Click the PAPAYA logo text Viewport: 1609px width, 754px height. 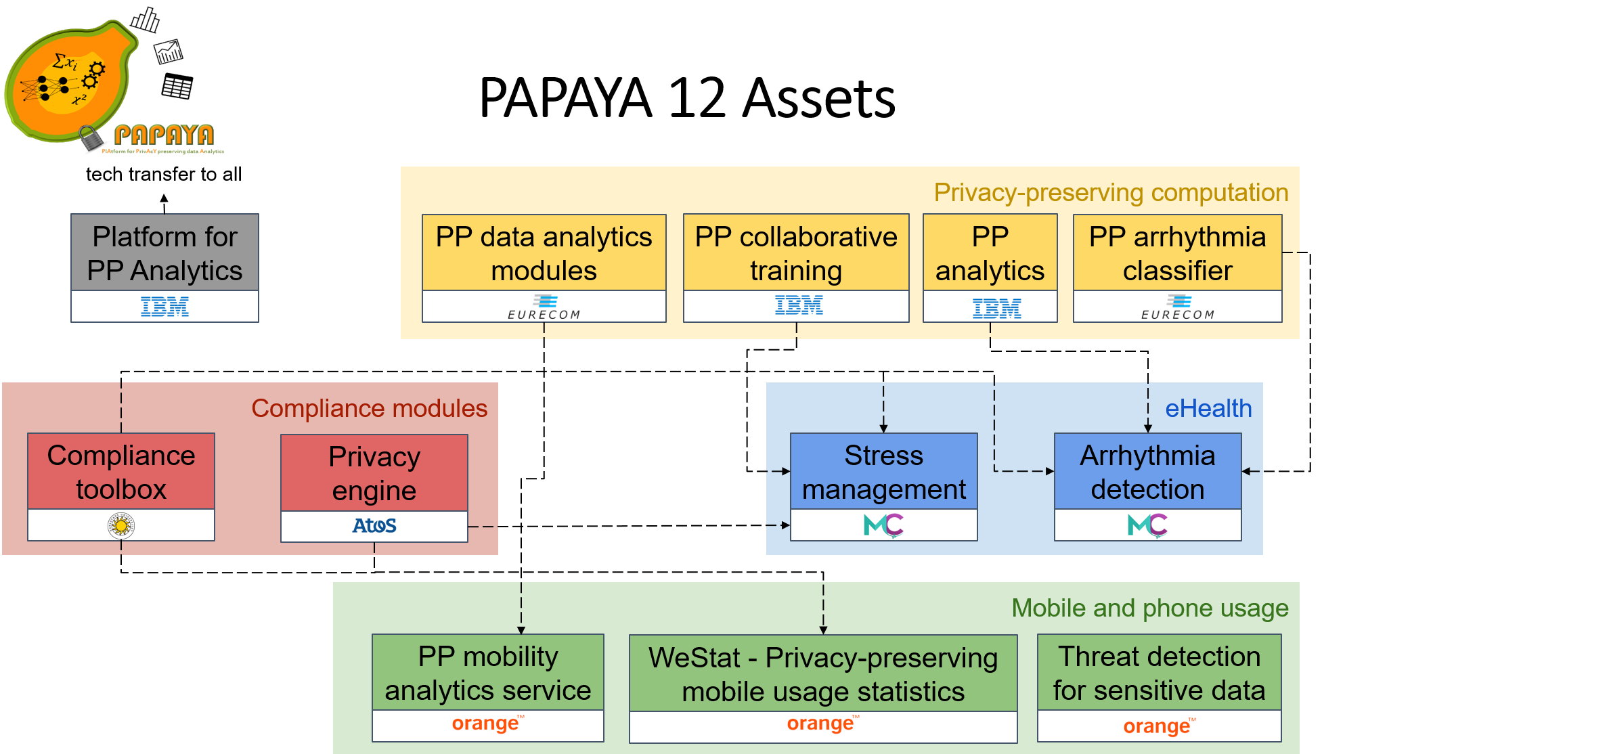point(164,135)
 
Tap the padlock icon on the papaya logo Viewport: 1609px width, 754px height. point(89,137)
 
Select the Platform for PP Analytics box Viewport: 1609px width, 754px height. point(164,253)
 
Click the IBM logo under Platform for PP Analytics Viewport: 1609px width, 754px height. point(164,307)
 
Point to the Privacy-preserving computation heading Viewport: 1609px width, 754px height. point(1111,193)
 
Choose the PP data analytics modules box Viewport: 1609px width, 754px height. point(544,253)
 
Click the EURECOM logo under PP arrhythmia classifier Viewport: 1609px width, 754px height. point(1178,307)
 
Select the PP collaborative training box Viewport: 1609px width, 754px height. point(796,253)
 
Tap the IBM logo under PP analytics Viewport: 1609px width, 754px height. point(996,308)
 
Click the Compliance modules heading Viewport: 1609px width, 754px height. point(369,409)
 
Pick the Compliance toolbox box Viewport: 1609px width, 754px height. point(121,472)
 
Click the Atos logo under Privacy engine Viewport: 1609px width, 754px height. point(374,526)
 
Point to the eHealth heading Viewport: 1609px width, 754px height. point(1208,409)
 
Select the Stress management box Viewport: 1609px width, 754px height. point(883,472)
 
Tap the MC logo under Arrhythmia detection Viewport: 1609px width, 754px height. point(1147,525)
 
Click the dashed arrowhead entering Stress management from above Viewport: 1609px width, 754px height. point(883,428)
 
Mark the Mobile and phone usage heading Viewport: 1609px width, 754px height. point(1150,608)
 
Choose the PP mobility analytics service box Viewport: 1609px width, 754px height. point(487,673)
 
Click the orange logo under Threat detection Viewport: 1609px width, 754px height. point(1159,726)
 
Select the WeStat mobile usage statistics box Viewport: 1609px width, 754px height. point(823,674)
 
